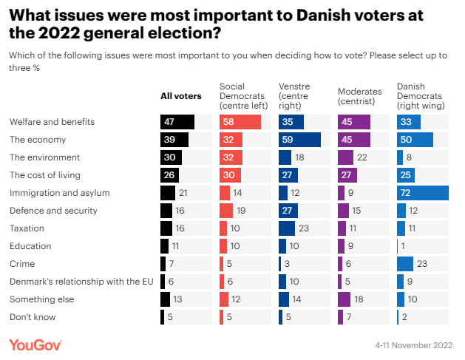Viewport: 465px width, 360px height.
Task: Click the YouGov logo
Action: (35, 344)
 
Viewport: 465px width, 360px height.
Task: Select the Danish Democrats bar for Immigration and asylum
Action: (422, 193)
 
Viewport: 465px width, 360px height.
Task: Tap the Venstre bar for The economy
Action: (299, 140)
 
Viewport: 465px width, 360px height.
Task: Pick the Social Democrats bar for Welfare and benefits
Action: (240, 122)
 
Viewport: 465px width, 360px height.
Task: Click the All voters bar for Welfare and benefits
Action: (177, 122)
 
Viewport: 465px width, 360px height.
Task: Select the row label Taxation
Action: (27, 228)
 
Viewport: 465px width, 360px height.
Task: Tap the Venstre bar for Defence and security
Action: (288, 211)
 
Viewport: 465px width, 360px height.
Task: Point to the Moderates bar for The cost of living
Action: (347, 175)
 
